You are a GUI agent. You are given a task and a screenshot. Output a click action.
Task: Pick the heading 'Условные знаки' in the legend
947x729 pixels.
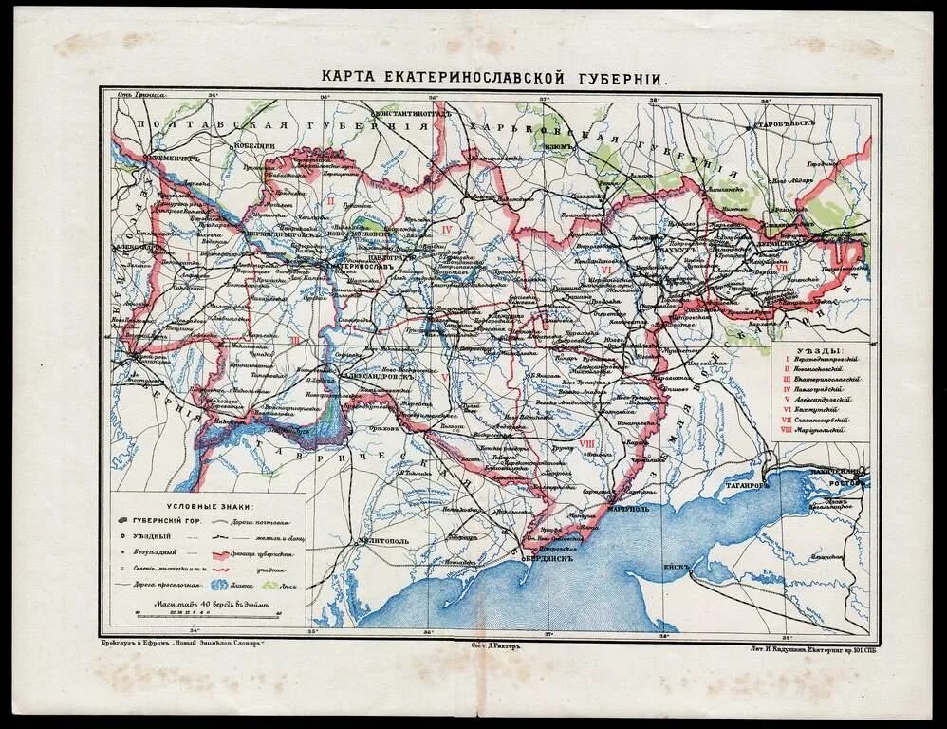tap(211, 508)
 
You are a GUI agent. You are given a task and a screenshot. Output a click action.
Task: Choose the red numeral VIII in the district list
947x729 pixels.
tap(787, 429)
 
